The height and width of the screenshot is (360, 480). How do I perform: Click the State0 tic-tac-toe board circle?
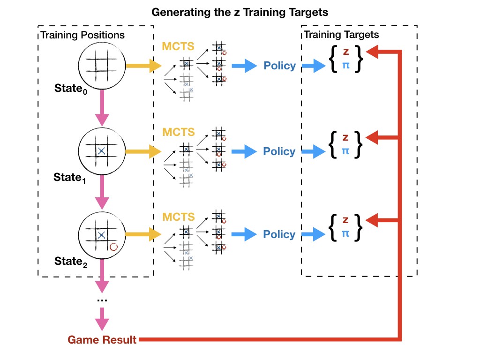pos(101,66)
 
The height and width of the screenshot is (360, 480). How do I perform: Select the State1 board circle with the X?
pos(101,150)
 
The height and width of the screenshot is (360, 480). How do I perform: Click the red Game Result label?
pos(102,340)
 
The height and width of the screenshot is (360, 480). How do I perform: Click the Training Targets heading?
pos(341,34)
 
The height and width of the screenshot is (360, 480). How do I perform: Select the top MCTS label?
pos(178,46)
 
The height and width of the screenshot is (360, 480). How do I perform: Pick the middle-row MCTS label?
pos(178,132)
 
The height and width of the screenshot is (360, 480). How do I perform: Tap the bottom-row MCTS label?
pos(178,217)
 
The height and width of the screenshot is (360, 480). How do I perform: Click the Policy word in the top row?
pos(280,66)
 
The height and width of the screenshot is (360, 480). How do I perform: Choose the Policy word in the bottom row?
pos(279,234)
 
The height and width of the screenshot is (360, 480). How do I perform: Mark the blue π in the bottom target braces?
pos(345,233)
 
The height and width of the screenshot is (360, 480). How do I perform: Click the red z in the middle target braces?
pos(345,137)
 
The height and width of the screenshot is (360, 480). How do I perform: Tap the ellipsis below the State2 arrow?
pos(102,300)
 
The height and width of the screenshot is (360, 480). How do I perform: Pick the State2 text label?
pos(70,262)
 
